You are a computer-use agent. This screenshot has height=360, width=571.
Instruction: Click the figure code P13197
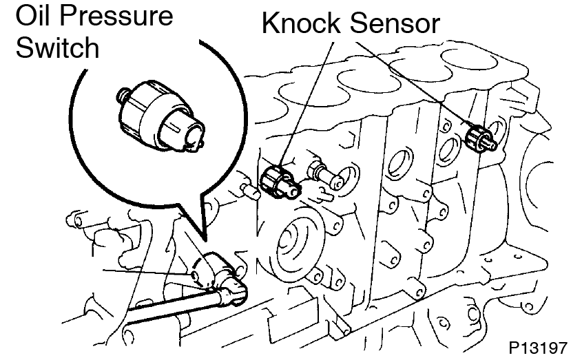coord(539,345)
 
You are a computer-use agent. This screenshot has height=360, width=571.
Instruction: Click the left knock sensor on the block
coord(280,180)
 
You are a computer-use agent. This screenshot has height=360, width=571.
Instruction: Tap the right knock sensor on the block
coord(477,135)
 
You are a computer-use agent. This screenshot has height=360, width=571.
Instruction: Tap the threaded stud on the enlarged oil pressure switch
coord(123,94)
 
